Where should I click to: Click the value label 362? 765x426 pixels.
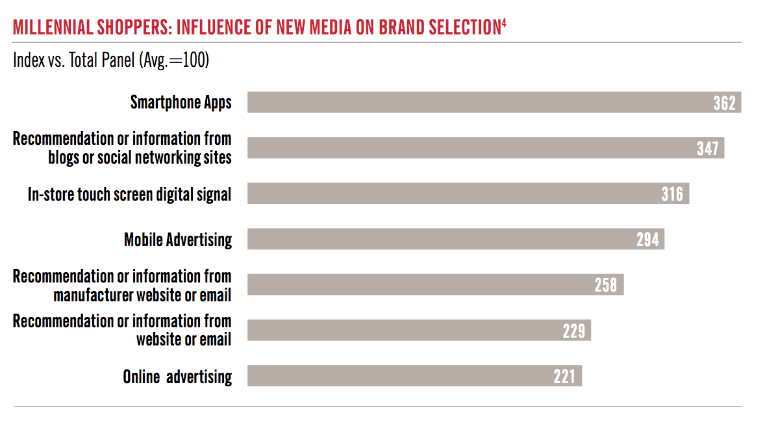pos(724,103)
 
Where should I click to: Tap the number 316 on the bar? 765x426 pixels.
pos(672,194)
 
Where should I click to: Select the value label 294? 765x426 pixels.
pos(647,240)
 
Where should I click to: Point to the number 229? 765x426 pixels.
pos(574,331)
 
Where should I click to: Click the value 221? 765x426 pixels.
pos(564,377)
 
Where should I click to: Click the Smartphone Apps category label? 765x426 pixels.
pos(181,103)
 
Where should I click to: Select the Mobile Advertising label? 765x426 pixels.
pos(178,240)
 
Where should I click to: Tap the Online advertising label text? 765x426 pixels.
pos(177,377)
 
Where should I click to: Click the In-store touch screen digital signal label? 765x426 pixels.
pos(129,194)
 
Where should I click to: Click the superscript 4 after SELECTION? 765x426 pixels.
pos(504,23)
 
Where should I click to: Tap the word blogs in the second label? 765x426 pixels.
pos(63,158)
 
